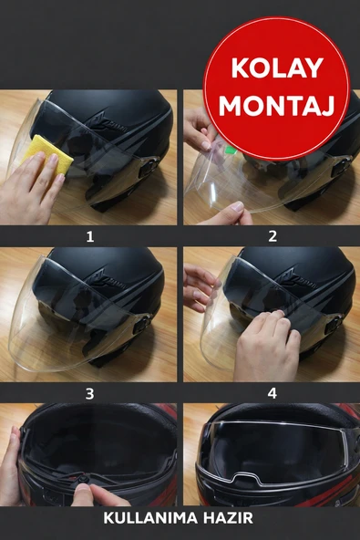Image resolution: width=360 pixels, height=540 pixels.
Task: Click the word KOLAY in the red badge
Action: pos(276,68)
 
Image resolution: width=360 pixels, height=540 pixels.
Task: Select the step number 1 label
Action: pos(89,236)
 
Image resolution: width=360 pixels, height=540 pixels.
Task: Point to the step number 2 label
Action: pos(272,236)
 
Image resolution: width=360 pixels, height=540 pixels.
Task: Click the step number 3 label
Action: pos(89,394)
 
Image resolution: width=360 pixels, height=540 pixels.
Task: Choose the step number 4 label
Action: pos(272,394)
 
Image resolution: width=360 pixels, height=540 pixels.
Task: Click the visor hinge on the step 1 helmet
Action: pos(146,167)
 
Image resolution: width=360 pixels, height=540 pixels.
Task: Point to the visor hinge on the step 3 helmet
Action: pos(143,324)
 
